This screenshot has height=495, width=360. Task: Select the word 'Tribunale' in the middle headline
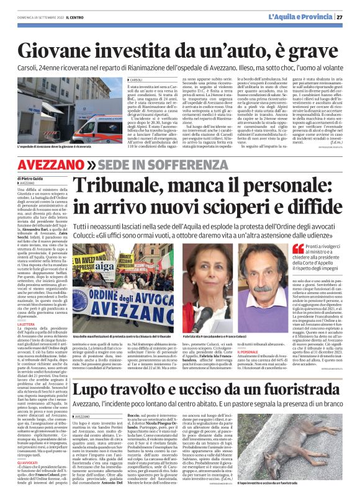[117, 187]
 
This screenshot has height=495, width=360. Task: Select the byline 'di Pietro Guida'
[30, 179]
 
